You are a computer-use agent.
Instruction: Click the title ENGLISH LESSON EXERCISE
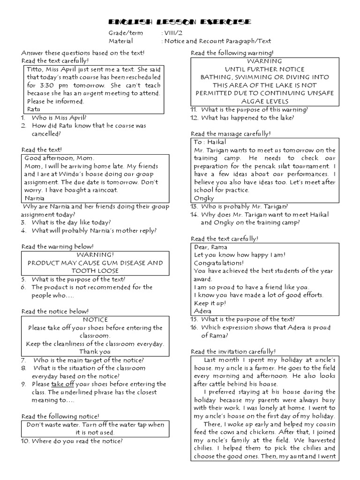[180, 22]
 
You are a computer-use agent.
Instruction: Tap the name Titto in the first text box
[34, 69]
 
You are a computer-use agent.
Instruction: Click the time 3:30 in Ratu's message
[48, 85]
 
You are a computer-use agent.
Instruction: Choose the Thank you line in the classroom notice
[95, 352]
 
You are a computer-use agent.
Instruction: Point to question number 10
[25, 441]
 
